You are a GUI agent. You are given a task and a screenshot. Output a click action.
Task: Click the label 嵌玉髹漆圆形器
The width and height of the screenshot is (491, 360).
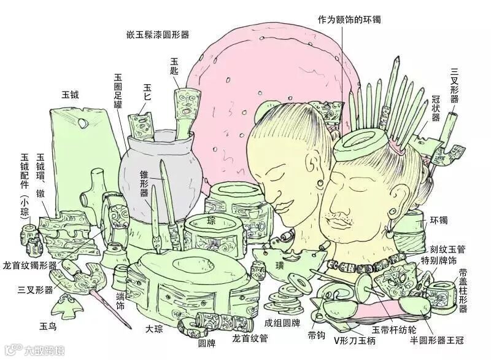coord(156,35)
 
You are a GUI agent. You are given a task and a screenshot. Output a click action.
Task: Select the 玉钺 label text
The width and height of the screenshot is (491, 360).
coord(70,95)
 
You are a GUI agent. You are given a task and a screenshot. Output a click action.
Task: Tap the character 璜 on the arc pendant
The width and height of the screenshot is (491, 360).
coord(280,266)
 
